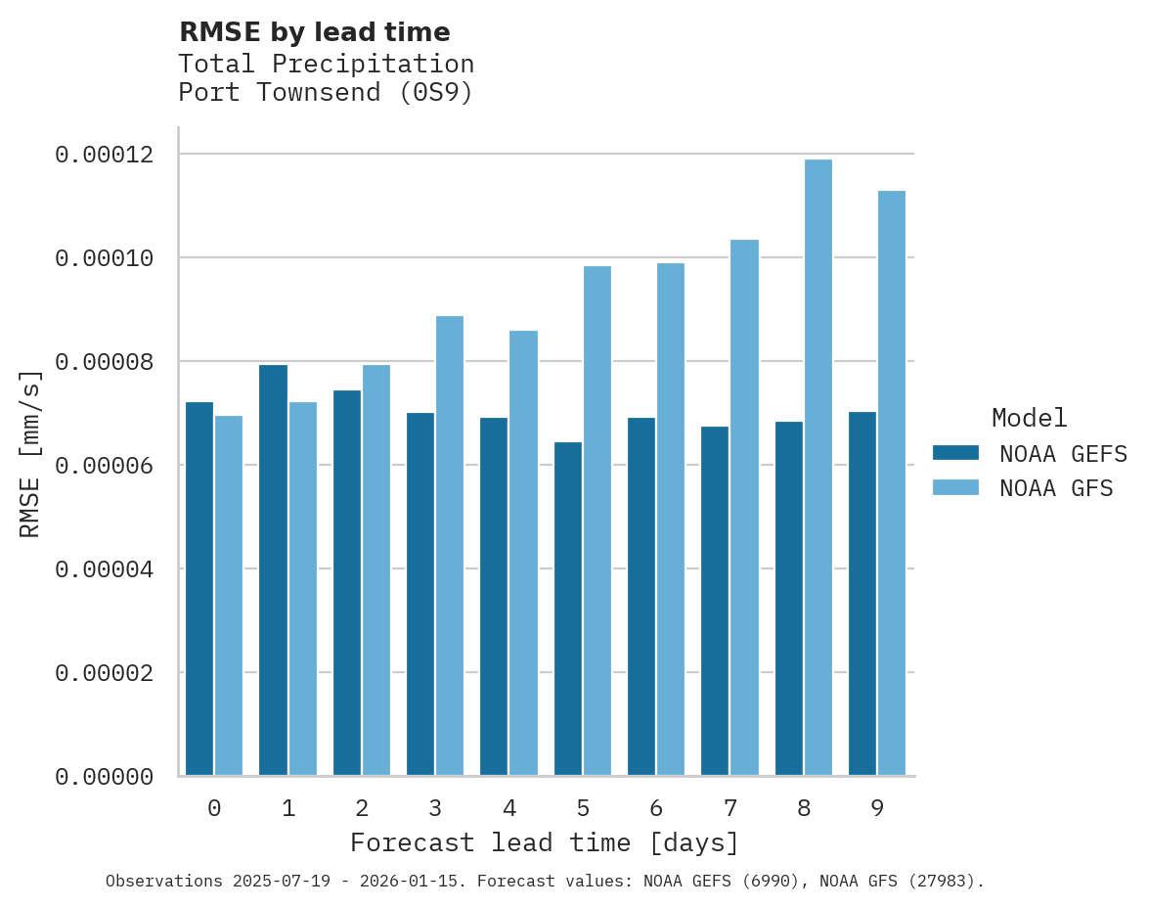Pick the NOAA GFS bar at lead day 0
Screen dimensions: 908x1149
229,596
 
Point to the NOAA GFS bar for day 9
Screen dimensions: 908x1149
892,483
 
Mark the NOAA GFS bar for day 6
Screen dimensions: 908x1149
671,520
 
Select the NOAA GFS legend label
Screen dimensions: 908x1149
1056,488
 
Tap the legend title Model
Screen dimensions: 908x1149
1029,418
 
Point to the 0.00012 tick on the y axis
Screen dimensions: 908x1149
105,155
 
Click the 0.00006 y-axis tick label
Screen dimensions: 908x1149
105,465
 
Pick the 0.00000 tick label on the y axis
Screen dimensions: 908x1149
105,777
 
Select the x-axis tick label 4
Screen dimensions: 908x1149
509,808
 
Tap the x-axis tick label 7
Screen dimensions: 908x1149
730,808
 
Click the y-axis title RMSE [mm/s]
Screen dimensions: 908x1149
30,454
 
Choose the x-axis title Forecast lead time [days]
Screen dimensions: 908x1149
545,842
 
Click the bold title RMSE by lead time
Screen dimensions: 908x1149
315,32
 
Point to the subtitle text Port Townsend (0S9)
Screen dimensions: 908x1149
326,93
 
